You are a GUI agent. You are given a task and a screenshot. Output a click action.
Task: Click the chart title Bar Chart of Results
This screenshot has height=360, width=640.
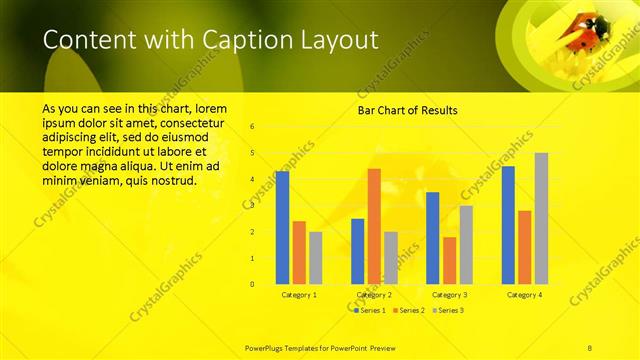pos(408,110)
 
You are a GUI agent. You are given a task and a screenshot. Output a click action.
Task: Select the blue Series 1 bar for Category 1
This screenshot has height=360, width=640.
pos(283,227)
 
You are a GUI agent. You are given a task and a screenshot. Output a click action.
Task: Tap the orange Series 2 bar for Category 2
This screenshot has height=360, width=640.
pos(374,226)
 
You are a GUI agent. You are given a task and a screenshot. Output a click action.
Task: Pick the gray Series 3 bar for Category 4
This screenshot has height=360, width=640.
pos(541,218)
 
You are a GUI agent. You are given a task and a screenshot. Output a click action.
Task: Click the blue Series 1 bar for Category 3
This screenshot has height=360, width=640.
pos(433,238)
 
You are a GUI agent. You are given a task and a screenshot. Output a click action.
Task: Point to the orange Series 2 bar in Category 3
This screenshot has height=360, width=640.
pos(449,260)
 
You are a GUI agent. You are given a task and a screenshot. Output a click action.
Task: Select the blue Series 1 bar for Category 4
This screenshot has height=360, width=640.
pos(508,225)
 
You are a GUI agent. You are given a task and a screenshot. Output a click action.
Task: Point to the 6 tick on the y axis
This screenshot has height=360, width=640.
pos(252,127)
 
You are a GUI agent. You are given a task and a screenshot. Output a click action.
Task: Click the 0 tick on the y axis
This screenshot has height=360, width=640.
pos(252,284)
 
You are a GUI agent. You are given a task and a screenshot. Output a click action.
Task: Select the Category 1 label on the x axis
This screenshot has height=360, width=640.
pos(299,295)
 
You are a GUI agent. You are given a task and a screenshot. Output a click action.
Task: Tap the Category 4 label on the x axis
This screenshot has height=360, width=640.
pos(525,295)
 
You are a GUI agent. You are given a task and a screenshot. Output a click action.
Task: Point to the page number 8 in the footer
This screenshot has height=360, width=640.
pos(590,346)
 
